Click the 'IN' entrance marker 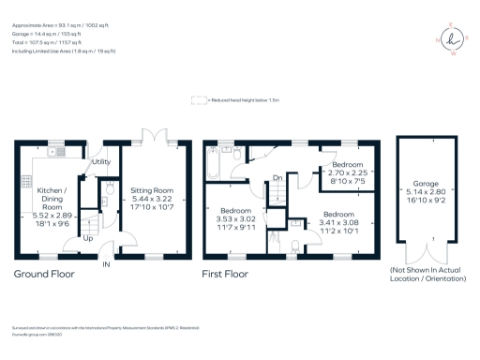point(106,265)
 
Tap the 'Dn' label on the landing point(277,178)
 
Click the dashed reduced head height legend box point(199,98)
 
